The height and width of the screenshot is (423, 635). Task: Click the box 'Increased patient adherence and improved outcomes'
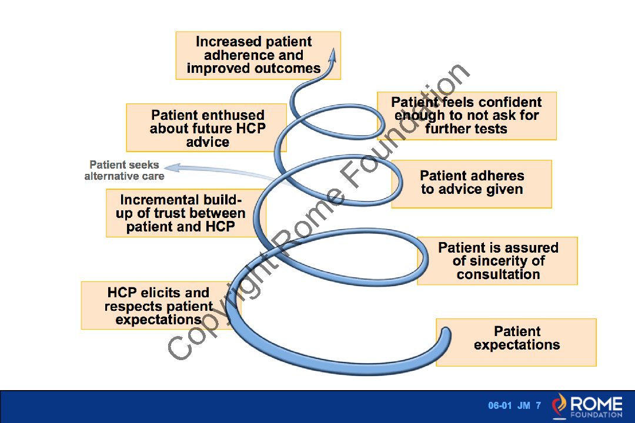click(x=258, y=55)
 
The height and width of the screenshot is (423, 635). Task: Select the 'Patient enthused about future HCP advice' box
click(x=206, y=128)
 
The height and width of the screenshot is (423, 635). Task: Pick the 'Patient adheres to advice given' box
click(x=472, y=184)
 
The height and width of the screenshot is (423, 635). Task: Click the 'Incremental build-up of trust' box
click(x=186, y=213)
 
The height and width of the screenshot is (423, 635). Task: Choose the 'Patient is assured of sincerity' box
click(x=497, y=261)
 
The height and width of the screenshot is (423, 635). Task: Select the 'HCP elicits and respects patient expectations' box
click(x=161, y=305)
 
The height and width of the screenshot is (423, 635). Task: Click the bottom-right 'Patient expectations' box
click(x=516, y=343)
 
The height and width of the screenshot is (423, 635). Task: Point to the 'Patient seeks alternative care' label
click(x=124, y=170)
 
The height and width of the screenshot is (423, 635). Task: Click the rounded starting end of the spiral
click(x=446, y=333)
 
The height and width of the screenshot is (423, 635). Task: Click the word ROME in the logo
click(x=596, y=404)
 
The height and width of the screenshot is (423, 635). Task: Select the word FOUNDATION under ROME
click(x=596, y=415)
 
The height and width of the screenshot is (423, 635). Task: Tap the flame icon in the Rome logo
click(x=559, y=405)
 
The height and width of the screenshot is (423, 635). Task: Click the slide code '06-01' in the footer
click(x=500, y=405)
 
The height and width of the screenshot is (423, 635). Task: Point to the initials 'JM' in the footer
click(x=524, y=405)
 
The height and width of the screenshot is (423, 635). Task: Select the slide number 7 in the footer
click(x=538, y=405)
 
